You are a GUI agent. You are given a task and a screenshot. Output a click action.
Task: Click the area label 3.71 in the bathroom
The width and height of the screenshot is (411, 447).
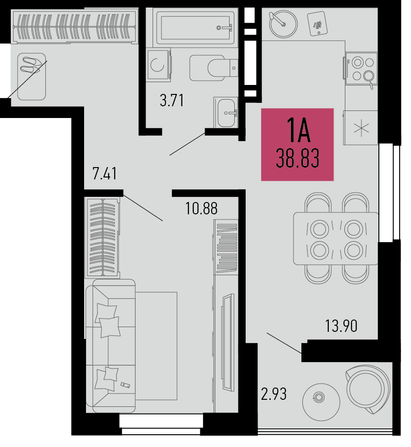click(x=171, y=101)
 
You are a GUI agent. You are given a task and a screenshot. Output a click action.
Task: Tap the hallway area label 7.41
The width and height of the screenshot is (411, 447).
click(x=105, y=174)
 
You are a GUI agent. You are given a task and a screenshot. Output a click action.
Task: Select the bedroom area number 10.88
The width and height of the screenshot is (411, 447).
click(x=201, y=208)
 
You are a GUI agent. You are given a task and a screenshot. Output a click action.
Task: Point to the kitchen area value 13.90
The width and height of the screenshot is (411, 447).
click(x=341, y=326)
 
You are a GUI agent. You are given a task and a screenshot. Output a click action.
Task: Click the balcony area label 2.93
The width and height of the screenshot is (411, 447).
click(x=274, y=394)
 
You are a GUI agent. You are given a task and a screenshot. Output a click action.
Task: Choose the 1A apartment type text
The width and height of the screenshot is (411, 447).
click(x=298, y=131)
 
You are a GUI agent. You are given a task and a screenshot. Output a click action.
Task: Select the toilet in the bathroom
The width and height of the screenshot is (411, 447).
click(x=214, y=68)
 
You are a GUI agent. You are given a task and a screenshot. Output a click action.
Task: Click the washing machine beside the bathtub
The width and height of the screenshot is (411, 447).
click(x=158, y=65)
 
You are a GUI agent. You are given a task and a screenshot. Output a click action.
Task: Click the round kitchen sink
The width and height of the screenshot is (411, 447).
click(x=283, y=24)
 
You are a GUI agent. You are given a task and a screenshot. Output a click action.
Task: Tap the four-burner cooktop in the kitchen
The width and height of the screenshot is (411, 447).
click(x=361, y=69)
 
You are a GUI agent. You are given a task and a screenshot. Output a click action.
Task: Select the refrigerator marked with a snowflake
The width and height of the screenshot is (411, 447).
click(x=361, y=127)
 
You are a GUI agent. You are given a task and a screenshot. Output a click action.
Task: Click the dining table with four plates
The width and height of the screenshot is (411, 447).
click(x=336, y=238)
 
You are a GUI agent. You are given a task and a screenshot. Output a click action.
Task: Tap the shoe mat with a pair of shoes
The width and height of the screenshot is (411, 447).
click(x=31, y=76)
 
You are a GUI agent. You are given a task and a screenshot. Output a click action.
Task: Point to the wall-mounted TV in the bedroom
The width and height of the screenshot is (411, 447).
click(x=228, y=342)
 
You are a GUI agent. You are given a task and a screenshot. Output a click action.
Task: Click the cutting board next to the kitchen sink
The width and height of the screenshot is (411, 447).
click(x=317, y=24)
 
